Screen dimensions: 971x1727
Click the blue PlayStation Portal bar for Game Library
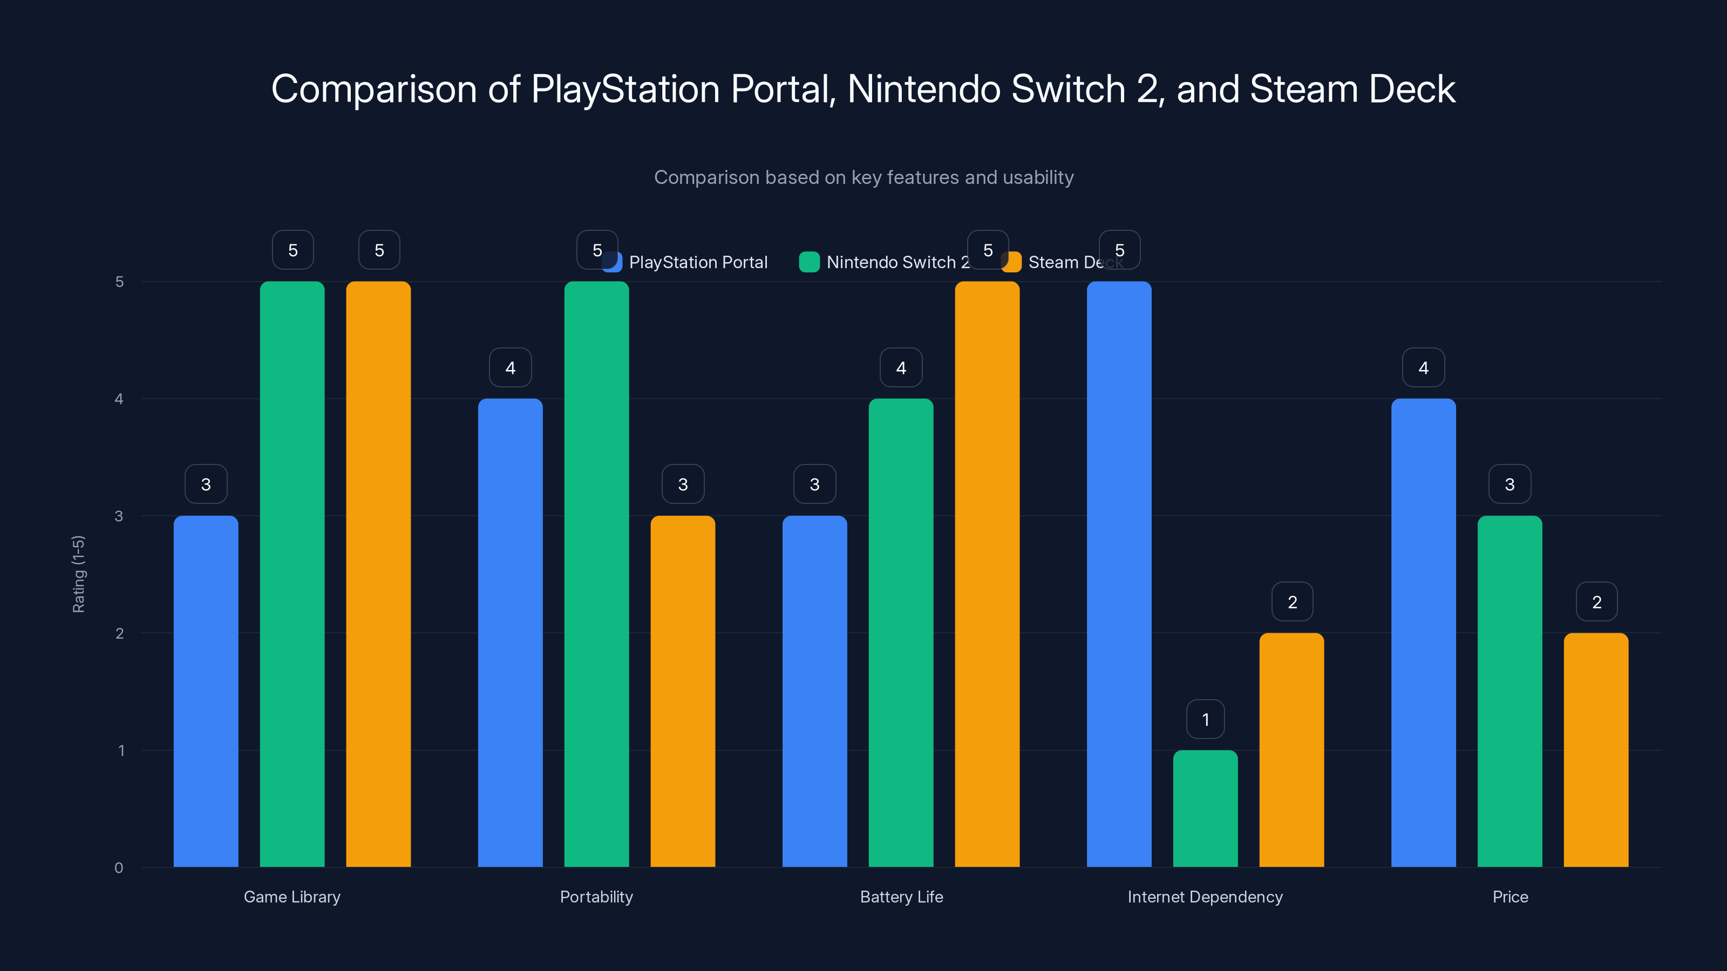206,691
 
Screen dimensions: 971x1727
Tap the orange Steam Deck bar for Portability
683,691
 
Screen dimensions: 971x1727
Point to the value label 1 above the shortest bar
1206,720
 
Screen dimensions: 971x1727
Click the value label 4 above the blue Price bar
1423,368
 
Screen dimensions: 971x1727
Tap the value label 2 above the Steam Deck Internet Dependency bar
1292,602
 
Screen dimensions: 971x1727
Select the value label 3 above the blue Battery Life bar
814,484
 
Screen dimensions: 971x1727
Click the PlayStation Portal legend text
698,262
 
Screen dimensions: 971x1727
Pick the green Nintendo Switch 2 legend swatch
809,262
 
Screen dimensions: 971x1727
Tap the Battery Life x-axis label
901,897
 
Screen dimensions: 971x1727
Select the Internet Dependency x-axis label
1205,897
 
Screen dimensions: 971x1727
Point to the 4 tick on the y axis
119,399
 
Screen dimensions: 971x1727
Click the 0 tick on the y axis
119,868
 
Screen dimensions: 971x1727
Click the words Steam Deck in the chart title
1352,89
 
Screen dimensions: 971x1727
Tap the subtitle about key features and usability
863,177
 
